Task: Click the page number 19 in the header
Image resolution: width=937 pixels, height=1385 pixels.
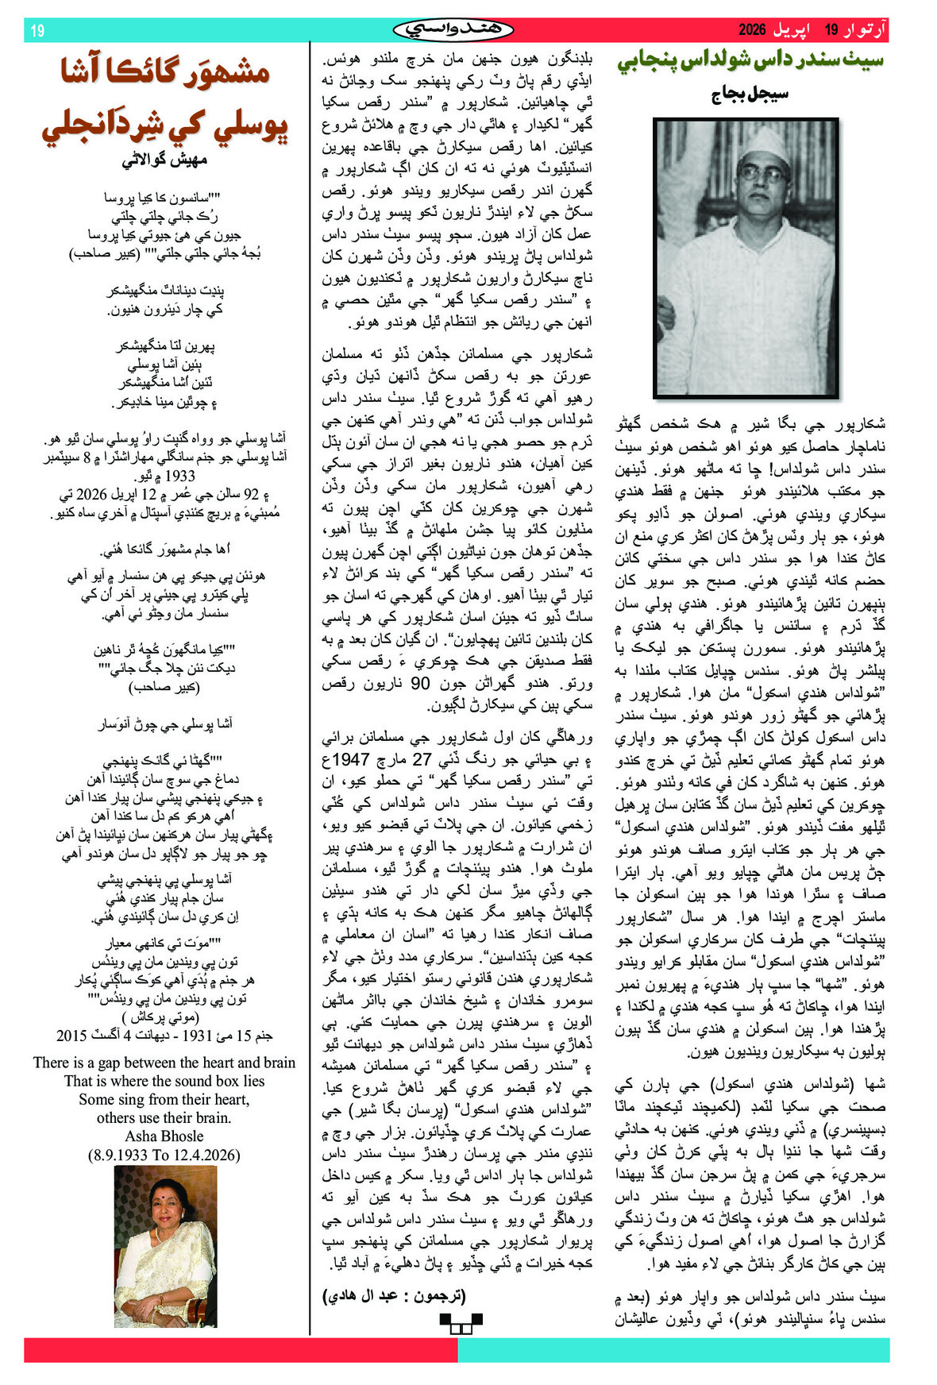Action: (x=37, y=31)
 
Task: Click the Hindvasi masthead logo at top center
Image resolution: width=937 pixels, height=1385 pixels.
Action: (x=453, y=30)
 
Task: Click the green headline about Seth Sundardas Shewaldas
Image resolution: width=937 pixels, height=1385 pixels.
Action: (x=750, y=62)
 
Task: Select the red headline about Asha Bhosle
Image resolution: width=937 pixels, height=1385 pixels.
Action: (x=165, y=99)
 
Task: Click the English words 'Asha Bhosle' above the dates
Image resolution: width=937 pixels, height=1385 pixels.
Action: (x=164, y=1136)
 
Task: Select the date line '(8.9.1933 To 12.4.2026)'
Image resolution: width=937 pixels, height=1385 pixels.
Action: (x=164, y=1155)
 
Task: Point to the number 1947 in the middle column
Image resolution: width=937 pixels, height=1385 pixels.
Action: (x=351, y=758)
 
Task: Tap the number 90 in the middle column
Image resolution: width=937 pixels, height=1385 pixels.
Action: (x=421, y=682)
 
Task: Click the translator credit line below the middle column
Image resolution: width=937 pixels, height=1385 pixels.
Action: (x=394, y=1295)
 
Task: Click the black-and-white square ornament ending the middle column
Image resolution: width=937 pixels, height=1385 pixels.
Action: (x=461, y=1322)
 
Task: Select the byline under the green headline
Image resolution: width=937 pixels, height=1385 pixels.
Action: (x=750, y=94)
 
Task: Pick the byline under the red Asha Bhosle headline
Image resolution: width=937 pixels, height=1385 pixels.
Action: (x=164, y=160)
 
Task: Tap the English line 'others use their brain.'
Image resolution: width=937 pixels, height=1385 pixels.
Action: (x=164, y=1117)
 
